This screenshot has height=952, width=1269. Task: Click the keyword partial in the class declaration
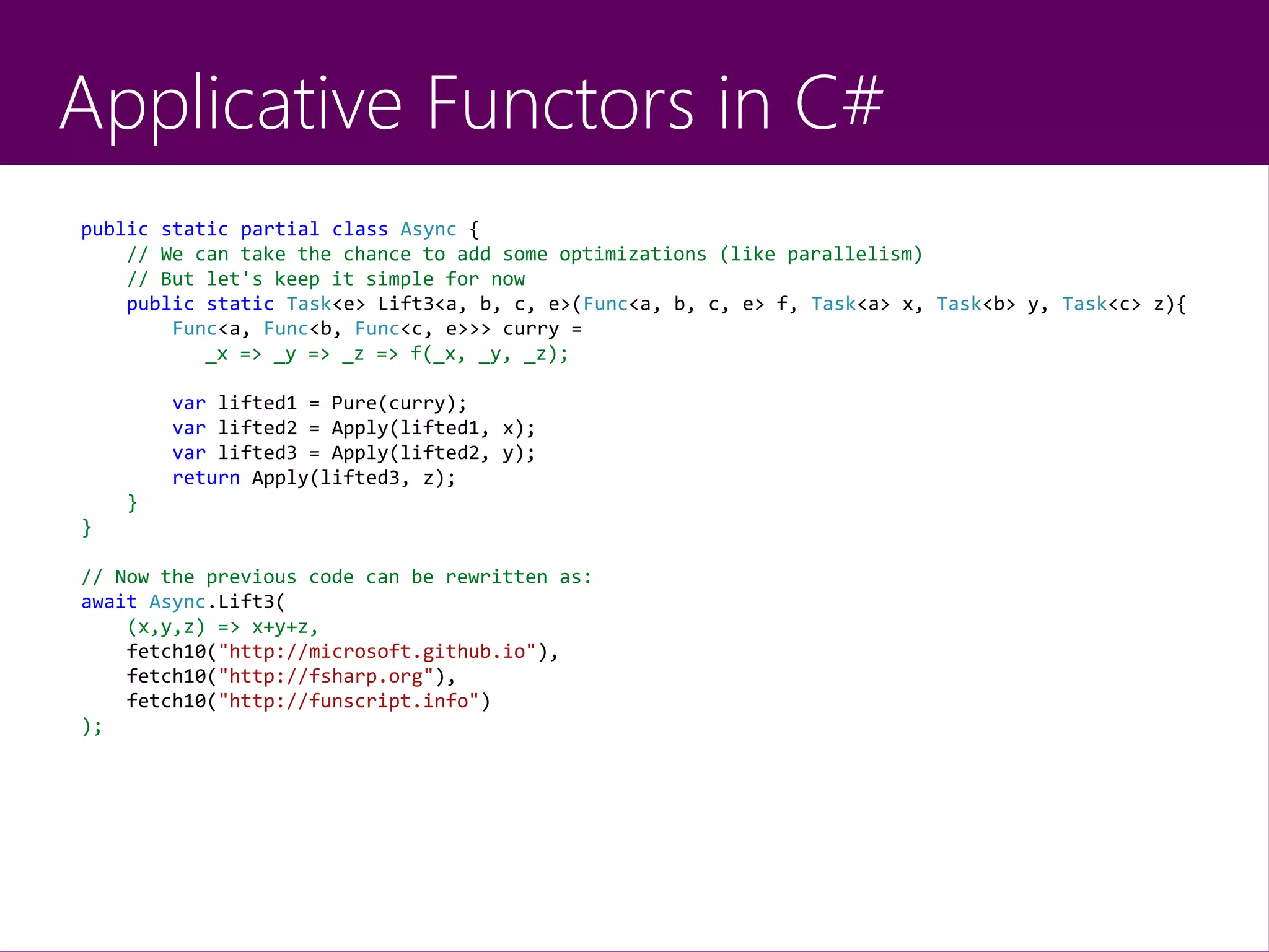(x=279, y=230)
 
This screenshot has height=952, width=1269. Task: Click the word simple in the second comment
(x=399, y=279)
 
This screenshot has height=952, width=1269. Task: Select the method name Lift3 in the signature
(x=406, y=304)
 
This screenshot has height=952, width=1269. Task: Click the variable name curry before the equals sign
(x=530, y=329)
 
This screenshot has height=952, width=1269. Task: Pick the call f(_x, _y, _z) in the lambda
(x=489, y=354)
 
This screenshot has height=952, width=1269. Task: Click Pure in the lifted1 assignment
(x=354, y=403)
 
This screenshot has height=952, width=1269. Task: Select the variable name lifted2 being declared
(x=257, y=428)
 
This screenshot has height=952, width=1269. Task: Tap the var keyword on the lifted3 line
(x=188, y=453)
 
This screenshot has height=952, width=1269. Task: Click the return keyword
(x=206, y=478)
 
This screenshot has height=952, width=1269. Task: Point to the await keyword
(x=109, y=601)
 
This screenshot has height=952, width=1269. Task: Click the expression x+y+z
(x=280, y=627)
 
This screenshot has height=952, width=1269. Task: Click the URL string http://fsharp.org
(x=326, y=676)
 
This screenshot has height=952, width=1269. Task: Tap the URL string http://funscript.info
(x=348, y=701)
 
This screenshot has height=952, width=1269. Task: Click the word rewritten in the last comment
(x=496, y=577)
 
